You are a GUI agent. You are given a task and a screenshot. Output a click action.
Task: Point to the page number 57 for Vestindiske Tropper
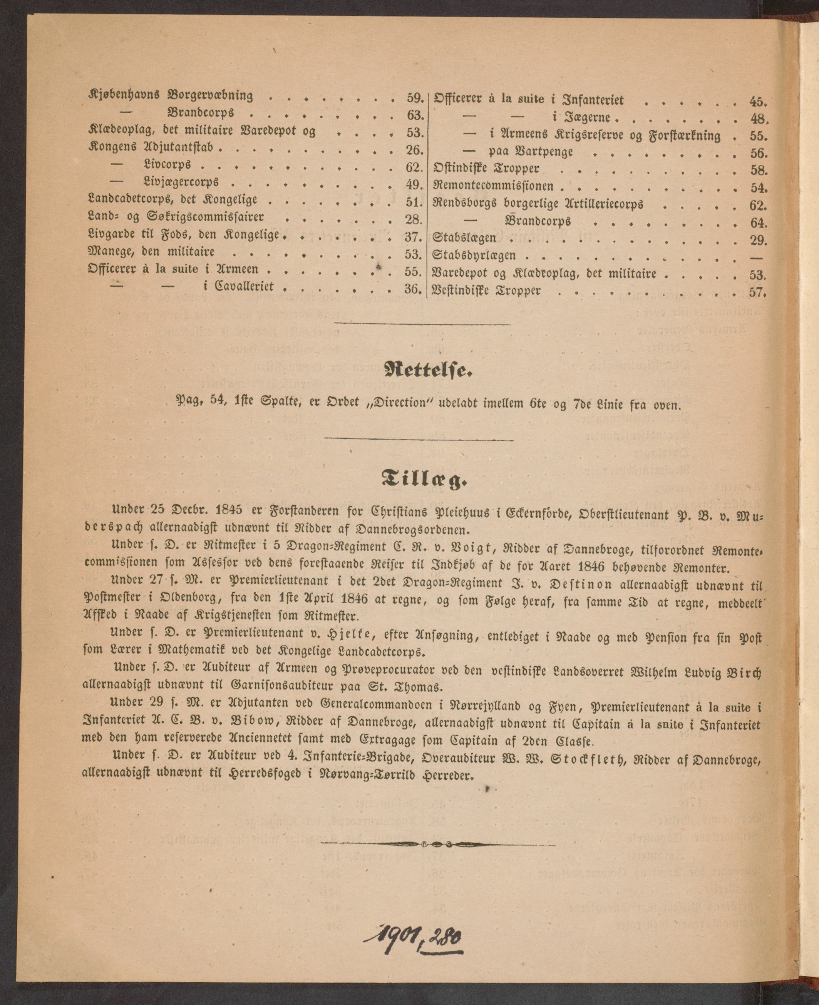point(757,292)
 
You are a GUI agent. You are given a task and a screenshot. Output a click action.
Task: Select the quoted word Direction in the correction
point(398,404)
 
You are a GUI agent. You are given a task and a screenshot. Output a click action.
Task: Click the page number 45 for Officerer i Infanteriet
point(758,100)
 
